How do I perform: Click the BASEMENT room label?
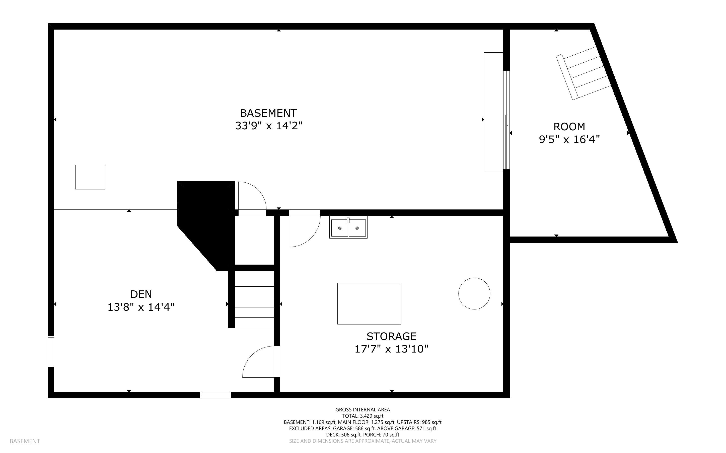268,113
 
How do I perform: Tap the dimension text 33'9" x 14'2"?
268,126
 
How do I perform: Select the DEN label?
141,294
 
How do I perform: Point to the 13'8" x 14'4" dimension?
141,307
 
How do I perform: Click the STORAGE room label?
391,336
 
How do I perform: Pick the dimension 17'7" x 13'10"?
391,349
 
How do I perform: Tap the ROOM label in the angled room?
569,127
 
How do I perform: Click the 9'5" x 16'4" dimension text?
569,140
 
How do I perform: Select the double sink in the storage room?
348,228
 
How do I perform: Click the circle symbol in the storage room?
474,293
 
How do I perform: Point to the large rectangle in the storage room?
369,303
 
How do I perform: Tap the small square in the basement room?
90,177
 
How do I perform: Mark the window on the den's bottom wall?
215,395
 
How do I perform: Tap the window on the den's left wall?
51,351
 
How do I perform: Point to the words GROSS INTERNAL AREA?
362,410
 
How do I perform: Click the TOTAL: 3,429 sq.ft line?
362,416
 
